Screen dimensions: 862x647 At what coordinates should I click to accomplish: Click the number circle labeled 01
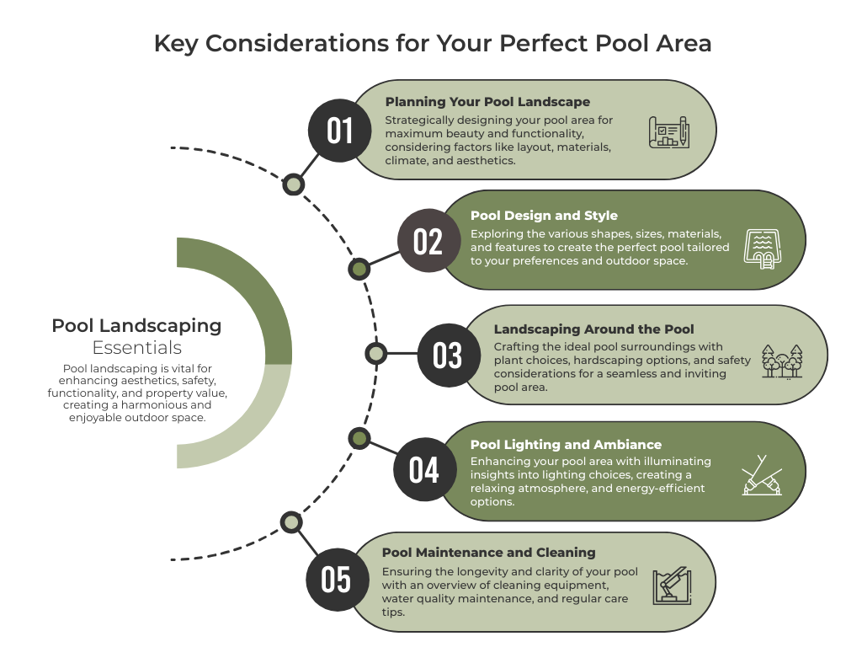pyautogui.click(x=340, y=131)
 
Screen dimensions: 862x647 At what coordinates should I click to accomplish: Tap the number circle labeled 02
pyautogui.click(x=428, y=240)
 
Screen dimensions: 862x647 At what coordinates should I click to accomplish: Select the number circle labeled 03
pyautogui.click(x=449, y=355)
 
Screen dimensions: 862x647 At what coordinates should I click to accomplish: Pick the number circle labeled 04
pyautogui.click(x=425, y=469)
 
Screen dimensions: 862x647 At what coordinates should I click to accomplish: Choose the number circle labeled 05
pyautogui.click(x=337, y=580)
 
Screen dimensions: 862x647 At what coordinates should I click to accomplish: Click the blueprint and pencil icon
pyautogui.click(x=669, y=132)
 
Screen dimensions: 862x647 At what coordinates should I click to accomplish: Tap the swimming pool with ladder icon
pyautogui.click(x=763, y=249)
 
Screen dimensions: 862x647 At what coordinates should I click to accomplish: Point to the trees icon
pyautogui.click(x=782, y=361)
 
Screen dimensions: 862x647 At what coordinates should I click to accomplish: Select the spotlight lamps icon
pyautogui.click(x=761, y=475)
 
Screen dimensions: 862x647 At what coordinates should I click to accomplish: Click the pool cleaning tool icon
pyautogui.click(x=672, y=586)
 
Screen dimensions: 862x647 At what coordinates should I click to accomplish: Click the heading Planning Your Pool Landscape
pyautogui.click(x=487, y=102)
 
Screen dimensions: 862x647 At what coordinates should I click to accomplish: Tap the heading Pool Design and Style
pyautogui.click(x=544, y=216)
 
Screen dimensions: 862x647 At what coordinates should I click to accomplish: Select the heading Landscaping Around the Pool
pyautogui.click(x=593, y=329)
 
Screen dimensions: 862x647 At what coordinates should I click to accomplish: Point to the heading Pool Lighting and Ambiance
pyautogui.click(x=566, y=445)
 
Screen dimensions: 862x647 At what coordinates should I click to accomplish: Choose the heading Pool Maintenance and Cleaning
pyautogui.click(x=489, y=553)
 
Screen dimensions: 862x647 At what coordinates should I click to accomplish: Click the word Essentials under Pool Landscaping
pyautogui.click(x=137, y=348)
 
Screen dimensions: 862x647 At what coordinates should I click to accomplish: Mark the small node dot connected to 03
pyautogui.click(x=376, y=353)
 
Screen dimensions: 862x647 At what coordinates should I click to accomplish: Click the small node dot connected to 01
pyautogui.click(x=294, y=184)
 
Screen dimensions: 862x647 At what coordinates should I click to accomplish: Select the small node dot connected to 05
pyautogui.click(x=291, y=522)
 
